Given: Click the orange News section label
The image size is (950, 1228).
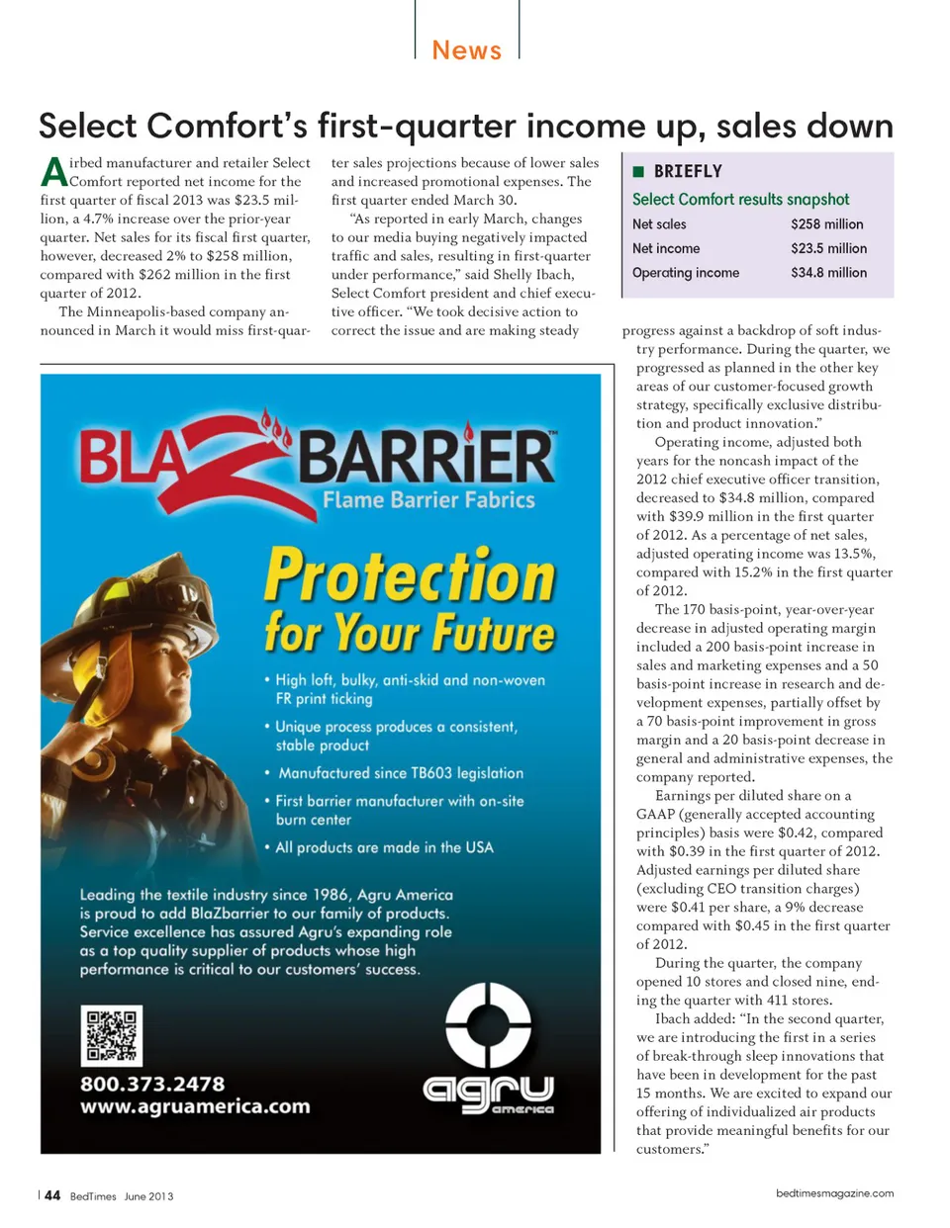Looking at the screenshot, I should click(x=466, y=49).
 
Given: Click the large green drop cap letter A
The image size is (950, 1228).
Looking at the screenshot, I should click(x=53, y=172).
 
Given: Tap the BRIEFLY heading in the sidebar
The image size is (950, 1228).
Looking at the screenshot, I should click(x=688, y=171).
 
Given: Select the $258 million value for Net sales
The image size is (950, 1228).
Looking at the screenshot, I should click(x=826, y=224).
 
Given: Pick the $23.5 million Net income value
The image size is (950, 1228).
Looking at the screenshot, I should click(x=828, y=248).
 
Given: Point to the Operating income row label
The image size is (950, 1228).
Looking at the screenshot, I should click(x=685, y=273).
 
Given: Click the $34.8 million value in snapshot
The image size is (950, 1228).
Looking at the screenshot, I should click(x=828, y=273).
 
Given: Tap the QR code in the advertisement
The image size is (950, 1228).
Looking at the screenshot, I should click(x=111, y=1035).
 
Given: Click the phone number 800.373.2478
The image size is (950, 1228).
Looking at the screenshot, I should click(x=152, y=1084).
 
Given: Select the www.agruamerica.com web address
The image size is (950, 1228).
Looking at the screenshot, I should click(x=195, y=1106).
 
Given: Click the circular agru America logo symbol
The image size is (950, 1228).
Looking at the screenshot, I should click(x=488, y=1025).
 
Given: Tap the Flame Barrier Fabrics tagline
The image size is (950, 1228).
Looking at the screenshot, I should click(x=428, y=499).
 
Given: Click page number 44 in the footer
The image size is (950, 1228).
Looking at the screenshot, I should click(x=52, y=1195).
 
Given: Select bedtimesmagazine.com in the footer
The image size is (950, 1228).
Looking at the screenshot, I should click(x=834, y=1193).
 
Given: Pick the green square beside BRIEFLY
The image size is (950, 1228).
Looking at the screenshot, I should click(x=638, y=171).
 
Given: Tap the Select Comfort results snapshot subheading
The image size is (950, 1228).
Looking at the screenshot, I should click(x=740, y=199).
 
